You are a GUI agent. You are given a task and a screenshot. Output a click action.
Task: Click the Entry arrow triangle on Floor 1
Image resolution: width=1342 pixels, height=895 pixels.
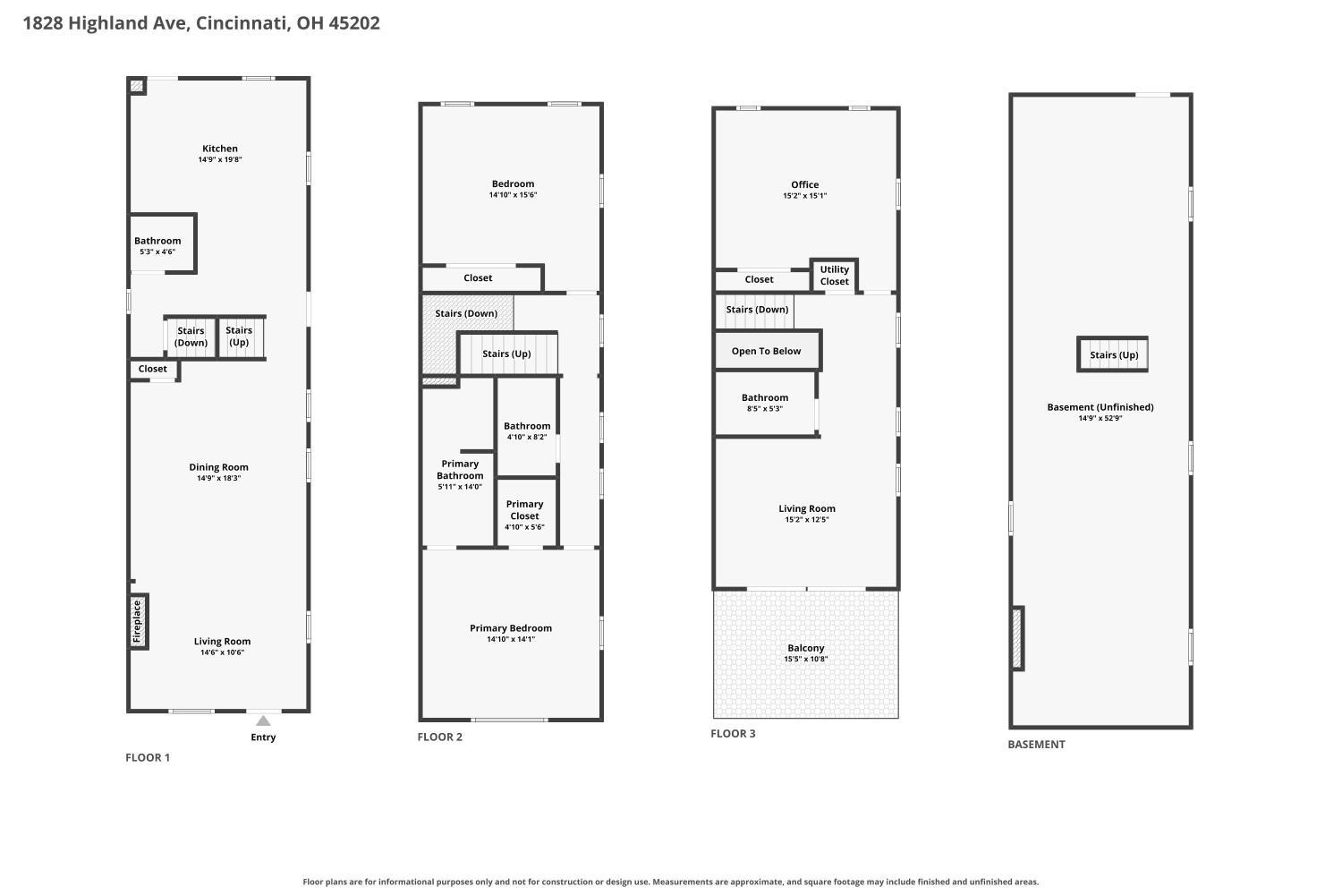[264, 720]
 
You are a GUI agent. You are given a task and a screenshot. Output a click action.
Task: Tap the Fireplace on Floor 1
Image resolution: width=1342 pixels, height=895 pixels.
[139, 622]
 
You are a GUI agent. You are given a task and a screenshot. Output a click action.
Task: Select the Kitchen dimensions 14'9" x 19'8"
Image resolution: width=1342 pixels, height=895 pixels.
[220, 159]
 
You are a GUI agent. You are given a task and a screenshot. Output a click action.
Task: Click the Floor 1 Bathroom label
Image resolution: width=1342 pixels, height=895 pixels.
[157, 241]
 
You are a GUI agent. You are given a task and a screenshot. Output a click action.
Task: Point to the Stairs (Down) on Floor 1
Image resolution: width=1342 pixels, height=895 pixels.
[191, 337]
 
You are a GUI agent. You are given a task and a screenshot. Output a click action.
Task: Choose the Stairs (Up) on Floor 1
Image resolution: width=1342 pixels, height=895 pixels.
[239, 337]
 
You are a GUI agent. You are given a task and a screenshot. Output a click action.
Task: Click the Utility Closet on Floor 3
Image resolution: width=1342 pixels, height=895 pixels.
[835, 276]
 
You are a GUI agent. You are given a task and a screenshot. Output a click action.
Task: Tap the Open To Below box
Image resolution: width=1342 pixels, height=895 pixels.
[767, 351]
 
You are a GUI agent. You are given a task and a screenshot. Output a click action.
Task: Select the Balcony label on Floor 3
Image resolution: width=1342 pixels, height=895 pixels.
[806, 648]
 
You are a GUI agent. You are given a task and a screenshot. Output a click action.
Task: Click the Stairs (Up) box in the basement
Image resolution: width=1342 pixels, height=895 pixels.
[1113, 354]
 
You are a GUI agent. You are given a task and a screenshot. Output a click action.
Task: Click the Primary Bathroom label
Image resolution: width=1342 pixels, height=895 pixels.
[460, 470]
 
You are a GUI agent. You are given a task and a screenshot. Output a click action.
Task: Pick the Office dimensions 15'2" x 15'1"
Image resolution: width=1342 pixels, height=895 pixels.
[804, 195]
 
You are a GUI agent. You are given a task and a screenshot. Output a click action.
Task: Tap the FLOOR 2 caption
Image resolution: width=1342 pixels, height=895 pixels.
[440, 737]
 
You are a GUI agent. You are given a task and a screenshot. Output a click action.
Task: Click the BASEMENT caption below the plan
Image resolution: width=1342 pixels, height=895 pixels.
[1036, 745]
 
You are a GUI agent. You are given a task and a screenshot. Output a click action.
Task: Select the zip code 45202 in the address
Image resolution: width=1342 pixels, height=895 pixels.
[354, 22]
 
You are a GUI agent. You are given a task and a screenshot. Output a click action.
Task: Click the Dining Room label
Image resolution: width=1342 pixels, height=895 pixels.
[218, 467]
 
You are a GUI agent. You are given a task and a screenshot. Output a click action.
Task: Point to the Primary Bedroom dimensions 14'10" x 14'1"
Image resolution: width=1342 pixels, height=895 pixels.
[511, 639]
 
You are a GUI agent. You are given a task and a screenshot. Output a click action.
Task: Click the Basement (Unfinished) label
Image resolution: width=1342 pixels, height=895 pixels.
[1100, 407]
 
